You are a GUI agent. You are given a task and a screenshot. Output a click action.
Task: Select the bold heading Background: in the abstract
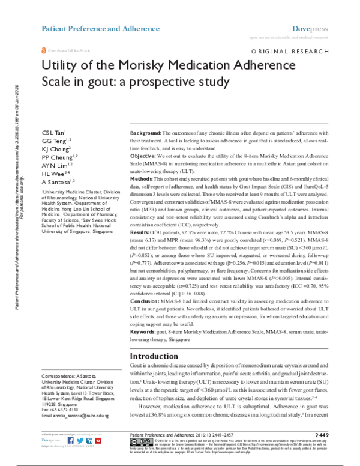[146, 132]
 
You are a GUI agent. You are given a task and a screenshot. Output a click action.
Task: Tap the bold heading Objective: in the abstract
[144, 156]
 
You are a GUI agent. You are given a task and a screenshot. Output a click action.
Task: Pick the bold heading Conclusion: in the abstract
[148, 302]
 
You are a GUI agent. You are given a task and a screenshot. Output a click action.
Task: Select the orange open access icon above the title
[43, 52]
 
